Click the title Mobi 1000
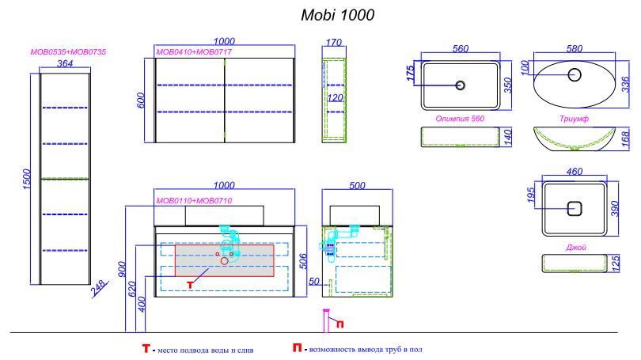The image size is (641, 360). pyautogui.click(x=338, y=15)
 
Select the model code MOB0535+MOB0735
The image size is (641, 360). pyautogui.click(x=68, y=52)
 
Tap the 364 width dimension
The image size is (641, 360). pyautogui.click(x=65, y=63)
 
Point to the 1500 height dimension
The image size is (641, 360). pyautogui.click(x=27, y=179)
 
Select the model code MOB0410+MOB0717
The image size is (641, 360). pyautogui.click(x=194, y=52)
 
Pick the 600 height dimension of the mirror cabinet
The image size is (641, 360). pyautogui.click(x=141, y=100)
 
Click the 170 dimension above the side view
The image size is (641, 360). pyautogui.click(x=334, y=43)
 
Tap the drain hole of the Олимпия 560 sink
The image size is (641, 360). pyautogui.click(x=461, y=85)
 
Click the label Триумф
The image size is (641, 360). pyautogui.click(x=574, y=119)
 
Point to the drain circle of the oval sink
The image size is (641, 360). pyautogui.click(x=575, y=75)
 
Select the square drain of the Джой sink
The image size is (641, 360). pyautogui.click(x=575, y=209)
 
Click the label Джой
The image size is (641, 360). pyautogui.click(x=575, y=247)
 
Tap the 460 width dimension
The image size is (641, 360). pyautogui.click(x=575, y=172)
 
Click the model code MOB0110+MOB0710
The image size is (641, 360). pyautogui.click(x=194, y=201)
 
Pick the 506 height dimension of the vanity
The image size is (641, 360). pyautogui.click(x=303, y=262)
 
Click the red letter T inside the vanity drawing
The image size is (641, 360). pyautogui.click(x=190, y=285)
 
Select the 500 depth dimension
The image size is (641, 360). pyautogui.click(x=357, y=185)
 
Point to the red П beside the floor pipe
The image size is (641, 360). pyautogui.click(x=339, y=324)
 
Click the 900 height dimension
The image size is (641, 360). pyautogui.click(x=122, y=269)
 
